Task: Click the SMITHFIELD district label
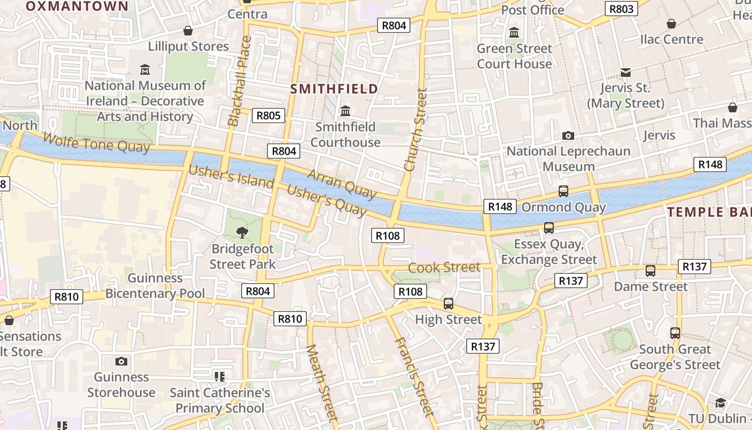334,89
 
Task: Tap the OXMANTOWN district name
77,6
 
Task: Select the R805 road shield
269,116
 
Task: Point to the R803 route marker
621,9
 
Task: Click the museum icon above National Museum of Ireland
145,70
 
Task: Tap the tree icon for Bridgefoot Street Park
242,233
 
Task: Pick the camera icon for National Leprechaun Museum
568,136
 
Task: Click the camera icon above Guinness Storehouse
121,361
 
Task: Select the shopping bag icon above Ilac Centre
671,24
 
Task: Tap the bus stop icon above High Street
449,304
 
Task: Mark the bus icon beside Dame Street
650,271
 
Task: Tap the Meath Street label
322,383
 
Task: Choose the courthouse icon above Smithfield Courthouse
345,111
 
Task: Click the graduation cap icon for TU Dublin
720,403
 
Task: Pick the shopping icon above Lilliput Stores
188,31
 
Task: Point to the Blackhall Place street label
240,81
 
